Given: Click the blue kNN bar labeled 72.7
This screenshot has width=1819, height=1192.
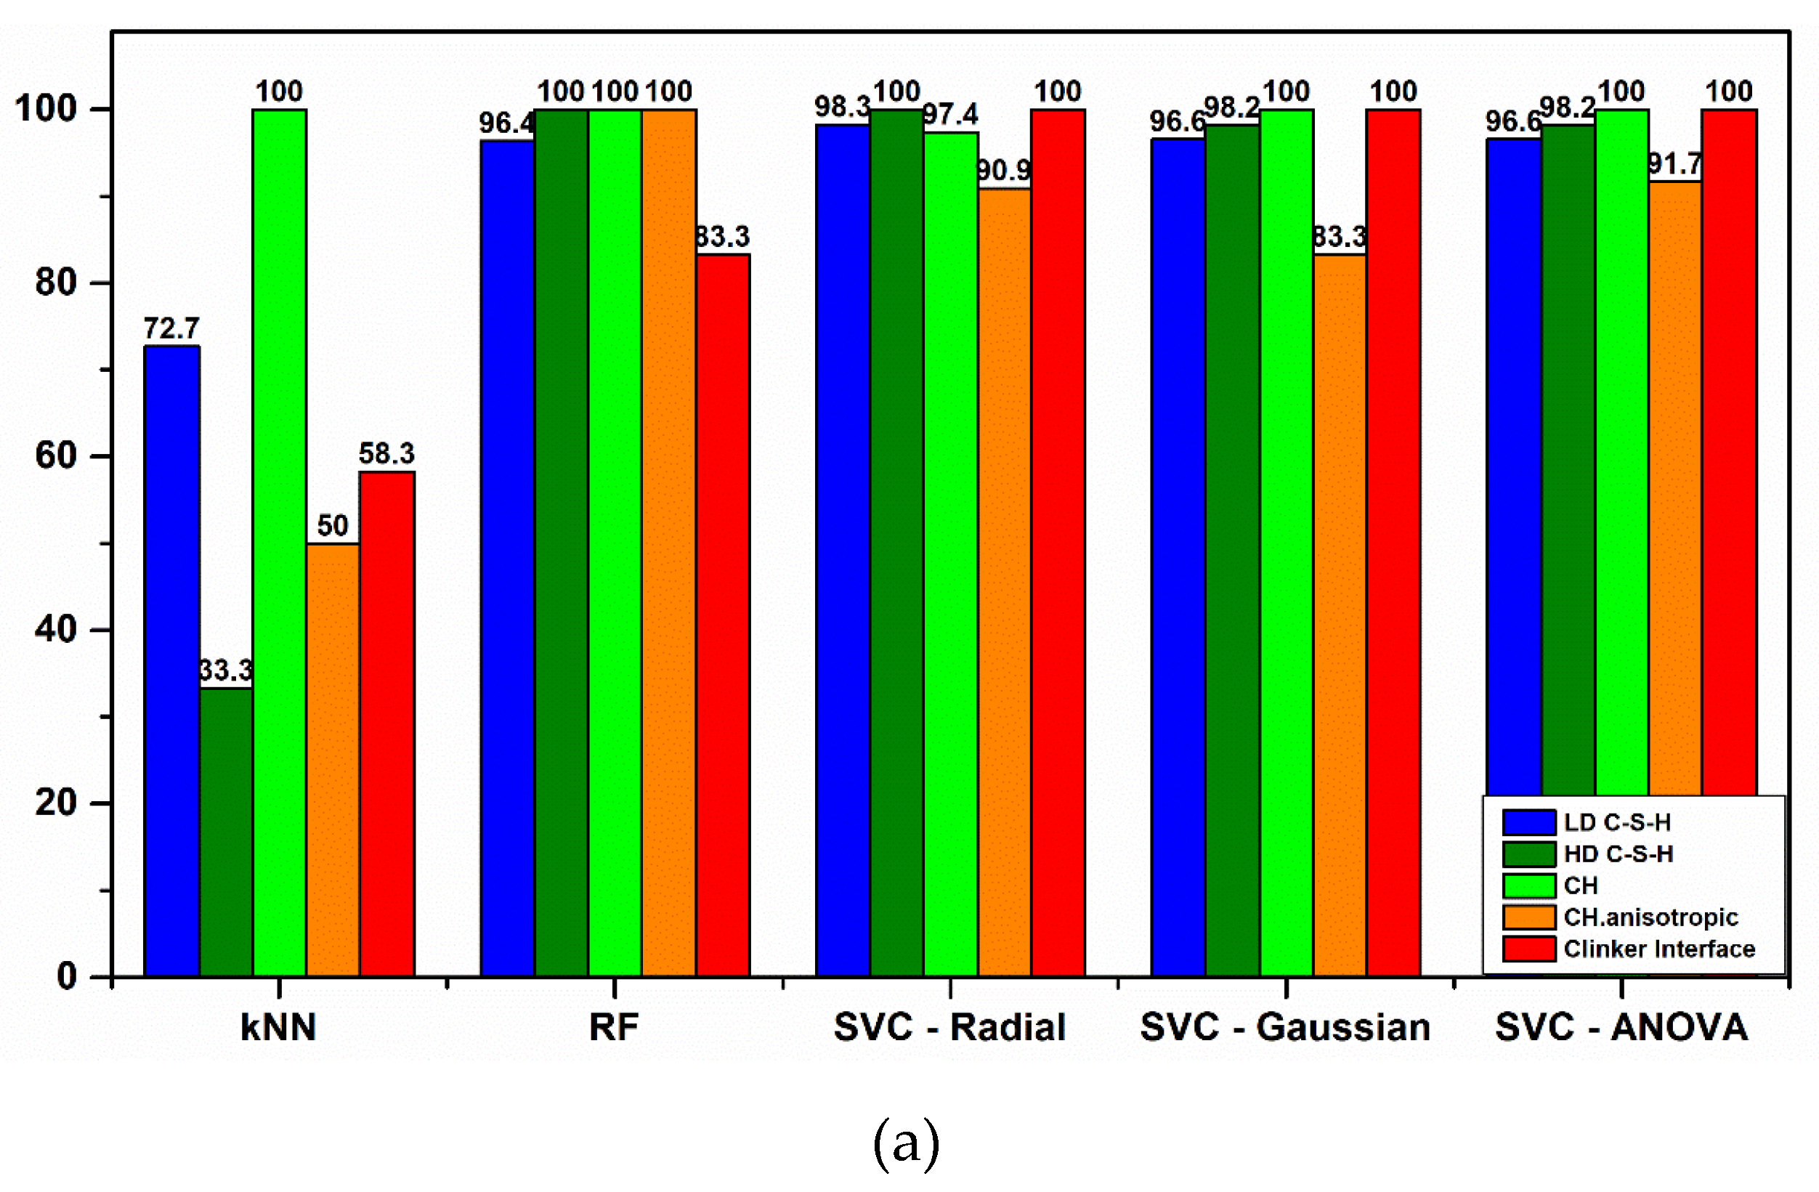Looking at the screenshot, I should coord(172,661).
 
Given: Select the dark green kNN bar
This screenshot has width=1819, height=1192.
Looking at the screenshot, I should coord(226,833).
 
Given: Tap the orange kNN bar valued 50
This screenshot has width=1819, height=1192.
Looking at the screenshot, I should coord(333,761).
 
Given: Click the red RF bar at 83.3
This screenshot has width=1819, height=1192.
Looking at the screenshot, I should coord(722,615).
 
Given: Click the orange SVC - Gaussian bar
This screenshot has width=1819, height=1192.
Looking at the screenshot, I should coord(1340,615).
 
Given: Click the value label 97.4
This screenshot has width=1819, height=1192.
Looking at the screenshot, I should coord(950,115).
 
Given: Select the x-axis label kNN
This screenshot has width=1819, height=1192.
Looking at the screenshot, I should coord(278,1027).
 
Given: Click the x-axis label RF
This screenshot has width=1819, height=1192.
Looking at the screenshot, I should coord(614,1027).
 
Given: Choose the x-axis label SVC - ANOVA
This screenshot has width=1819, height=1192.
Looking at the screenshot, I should coord(1621,1027).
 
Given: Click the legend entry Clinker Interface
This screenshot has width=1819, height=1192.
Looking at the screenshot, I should coord(1658,949).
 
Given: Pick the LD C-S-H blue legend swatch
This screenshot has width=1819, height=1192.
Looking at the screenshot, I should coord(1528,822).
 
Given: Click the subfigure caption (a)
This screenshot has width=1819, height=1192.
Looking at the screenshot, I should coord(907,1143).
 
